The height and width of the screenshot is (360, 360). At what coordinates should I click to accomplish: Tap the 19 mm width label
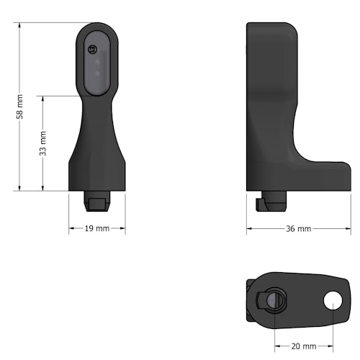pyautogui.click(x=96, y=229)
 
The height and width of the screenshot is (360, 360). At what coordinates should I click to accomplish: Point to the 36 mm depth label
pyautogui.click(x=298, y=229)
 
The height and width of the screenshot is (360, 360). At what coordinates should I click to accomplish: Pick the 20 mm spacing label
pyautogui.click(x=304, y=346)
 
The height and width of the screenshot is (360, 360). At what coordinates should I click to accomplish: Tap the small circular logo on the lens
pyautogui.click(x=91, y=49)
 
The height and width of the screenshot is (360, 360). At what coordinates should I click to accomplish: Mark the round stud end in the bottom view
pyautogui.click(x=273, y=300)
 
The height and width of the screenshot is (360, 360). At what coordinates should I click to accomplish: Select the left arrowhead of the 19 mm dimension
pyautogui.click(x=71, y=229)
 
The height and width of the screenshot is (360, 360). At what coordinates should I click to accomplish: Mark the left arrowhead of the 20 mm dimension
pyautogui.click(x=276, y=346)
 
